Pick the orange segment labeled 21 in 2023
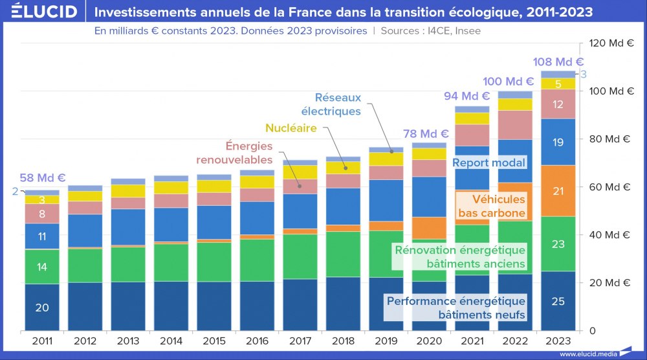click(x=558, y=190)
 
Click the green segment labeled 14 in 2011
click(x=42, y=267)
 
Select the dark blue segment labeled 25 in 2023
click(x=558, y=301)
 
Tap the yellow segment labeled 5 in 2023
click(x=558, y=84)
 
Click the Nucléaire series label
click(x=291, y=128)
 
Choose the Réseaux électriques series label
click(x=338, y=105)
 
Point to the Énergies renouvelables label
click(x=249, y=153)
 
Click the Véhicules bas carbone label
click(x=491, y=207)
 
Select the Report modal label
click(x=488, y=163)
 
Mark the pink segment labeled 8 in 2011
click(x=42, y=214)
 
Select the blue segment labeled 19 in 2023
click(x=558, y=142)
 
